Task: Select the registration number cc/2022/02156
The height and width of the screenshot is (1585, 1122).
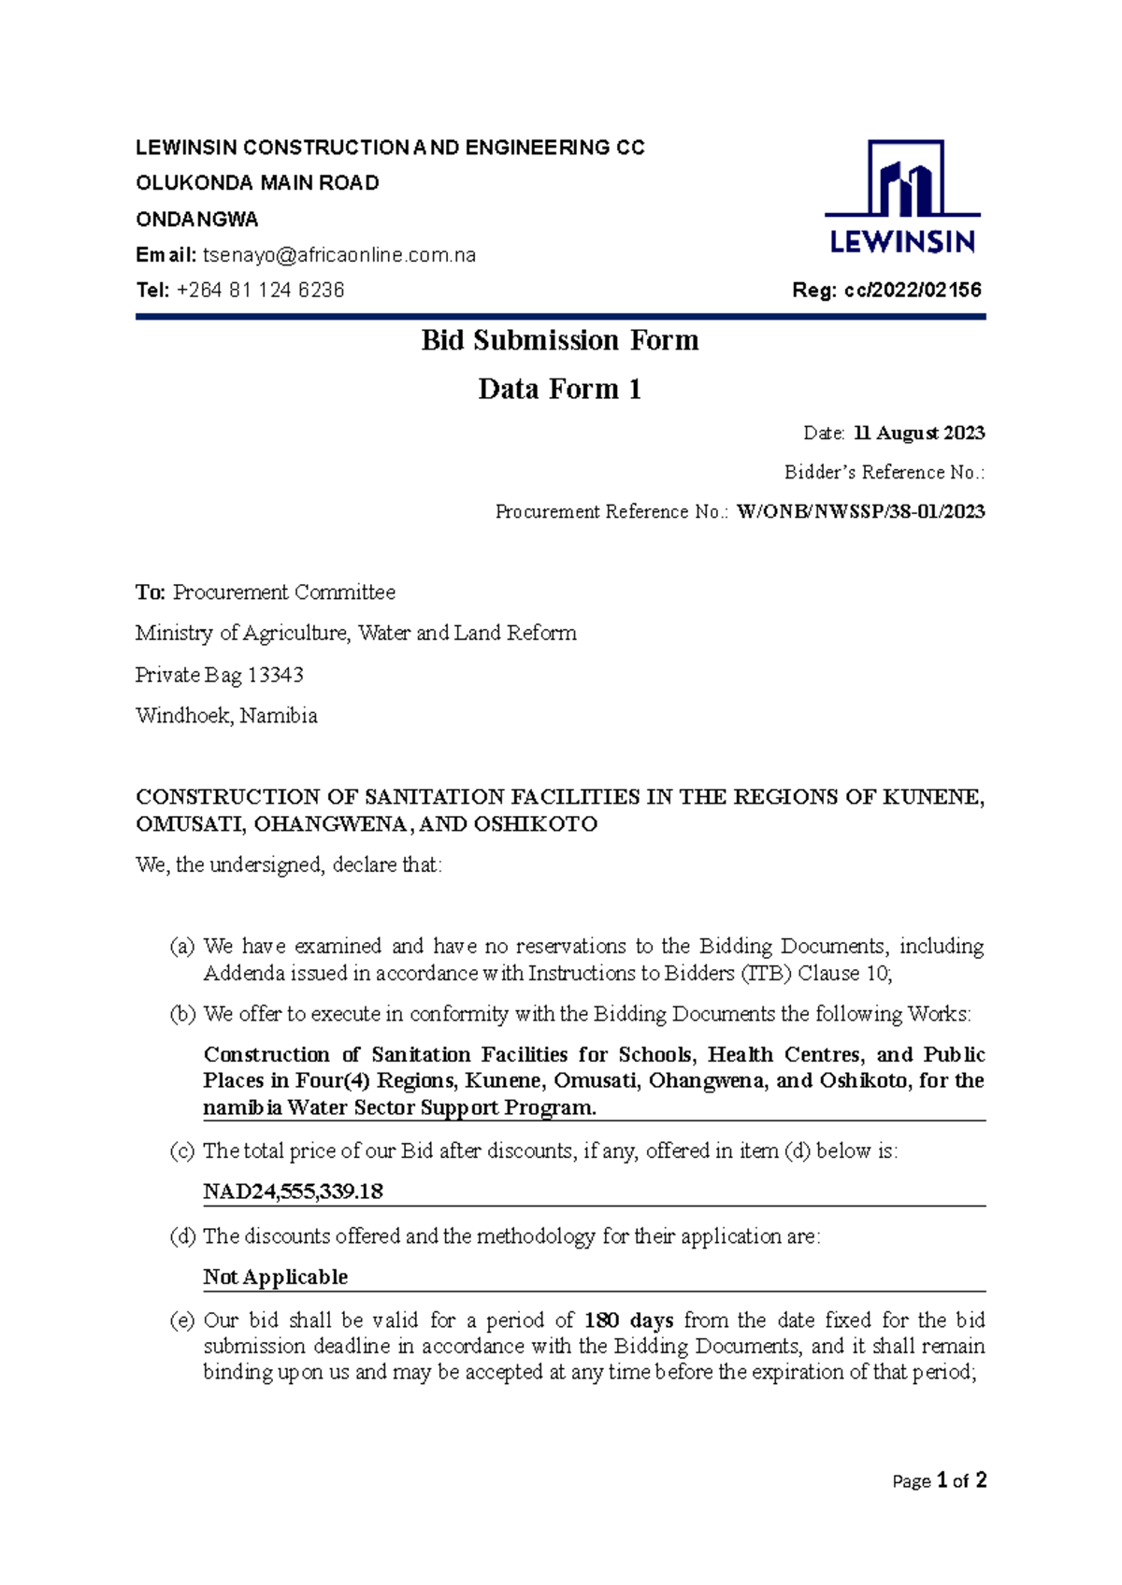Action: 913,291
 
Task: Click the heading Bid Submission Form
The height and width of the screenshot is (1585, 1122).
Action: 560,340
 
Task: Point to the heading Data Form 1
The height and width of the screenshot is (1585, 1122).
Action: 560,389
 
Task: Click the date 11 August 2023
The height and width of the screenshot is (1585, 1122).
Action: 919,433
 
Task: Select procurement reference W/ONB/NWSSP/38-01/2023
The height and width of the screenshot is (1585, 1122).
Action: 860,511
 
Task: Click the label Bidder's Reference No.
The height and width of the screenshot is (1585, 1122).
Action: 884,472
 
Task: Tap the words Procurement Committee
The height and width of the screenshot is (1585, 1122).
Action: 284,593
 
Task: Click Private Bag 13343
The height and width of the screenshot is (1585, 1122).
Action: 220,675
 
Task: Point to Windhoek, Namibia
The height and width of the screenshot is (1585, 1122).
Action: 226,716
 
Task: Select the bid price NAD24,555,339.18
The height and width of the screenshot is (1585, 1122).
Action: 294,1192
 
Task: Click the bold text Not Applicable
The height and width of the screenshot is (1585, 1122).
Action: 276,1277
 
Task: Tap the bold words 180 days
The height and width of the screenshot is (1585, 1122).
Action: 628,1321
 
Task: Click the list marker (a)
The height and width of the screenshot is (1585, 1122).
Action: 181,946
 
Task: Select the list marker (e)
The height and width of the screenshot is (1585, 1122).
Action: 181,1321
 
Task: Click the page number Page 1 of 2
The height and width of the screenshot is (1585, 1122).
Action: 939,1480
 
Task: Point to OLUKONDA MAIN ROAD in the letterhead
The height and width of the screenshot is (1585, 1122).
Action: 258,183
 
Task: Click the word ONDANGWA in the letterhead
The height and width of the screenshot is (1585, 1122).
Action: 197,220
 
